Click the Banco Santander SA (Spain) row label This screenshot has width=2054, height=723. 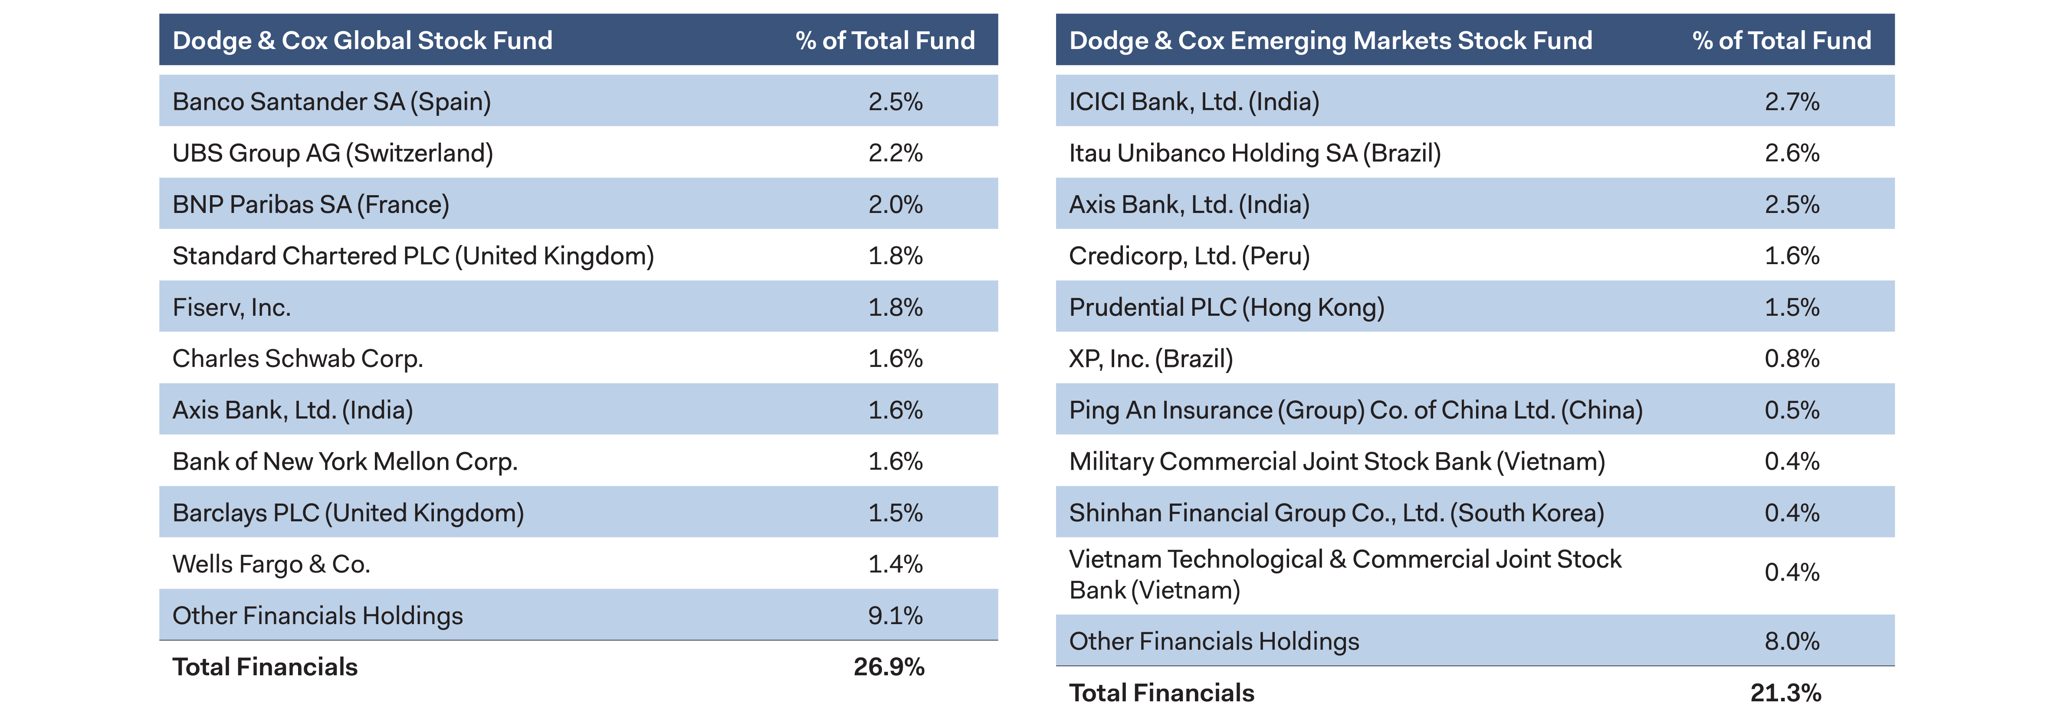(331, 102)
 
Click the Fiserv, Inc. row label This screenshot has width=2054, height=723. (231, 308)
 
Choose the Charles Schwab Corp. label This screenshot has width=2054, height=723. (297, 359)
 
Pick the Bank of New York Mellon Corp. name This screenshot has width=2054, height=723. (345, 461)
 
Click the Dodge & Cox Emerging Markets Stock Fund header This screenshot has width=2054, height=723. (1330, 41)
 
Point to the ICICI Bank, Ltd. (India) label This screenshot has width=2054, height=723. (1194, 102)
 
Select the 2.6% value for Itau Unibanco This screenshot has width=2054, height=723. (1792, 153)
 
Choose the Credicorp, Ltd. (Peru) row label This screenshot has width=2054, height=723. (1189, 256)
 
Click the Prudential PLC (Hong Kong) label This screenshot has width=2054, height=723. (1226, 308)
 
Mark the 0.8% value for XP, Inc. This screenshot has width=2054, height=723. (1792, 359)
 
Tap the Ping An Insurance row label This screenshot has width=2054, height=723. (1355, 411)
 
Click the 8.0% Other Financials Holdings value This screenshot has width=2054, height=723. (1792, 642)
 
